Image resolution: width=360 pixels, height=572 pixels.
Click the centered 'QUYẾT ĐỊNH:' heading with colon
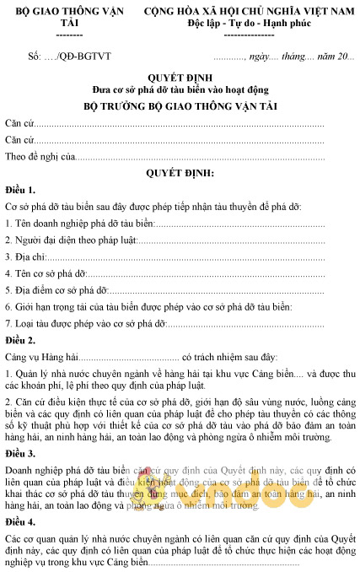click(x=180, y=172)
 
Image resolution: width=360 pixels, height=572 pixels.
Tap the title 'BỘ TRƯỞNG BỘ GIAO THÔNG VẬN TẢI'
click(x=180, y=106)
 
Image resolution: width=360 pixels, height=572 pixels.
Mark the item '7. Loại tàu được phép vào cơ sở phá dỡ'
click(x=82, y=322)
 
